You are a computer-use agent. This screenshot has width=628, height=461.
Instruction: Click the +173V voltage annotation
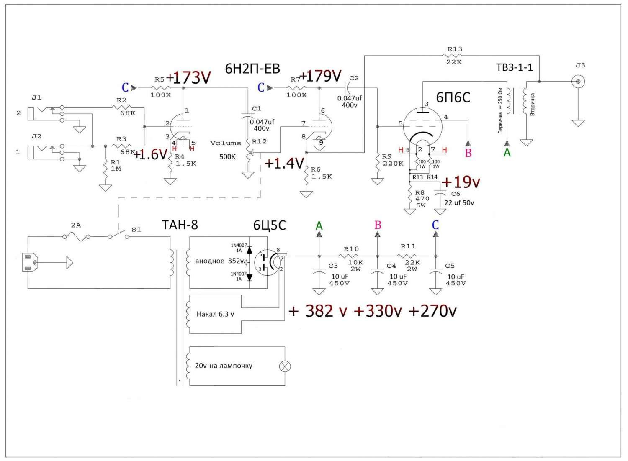[188, 77]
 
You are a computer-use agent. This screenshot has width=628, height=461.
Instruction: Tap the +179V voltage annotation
[321, 76]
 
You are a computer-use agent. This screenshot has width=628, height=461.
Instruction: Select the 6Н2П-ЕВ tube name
[252, 69]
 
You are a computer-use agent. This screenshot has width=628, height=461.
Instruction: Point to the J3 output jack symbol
[579, 82]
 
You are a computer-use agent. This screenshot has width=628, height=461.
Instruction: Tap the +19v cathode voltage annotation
[460, 182]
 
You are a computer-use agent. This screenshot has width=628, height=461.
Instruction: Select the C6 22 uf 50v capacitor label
[458, 199]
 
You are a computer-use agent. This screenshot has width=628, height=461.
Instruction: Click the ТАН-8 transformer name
[180, 225]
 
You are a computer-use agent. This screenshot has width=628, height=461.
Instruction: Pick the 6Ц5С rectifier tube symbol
[268, 262]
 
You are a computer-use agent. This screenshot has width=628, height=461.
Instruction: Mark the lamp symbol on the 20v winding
[285, 366]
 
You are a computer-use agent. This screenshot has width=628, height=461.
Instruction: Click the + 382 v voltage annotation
[318, 311]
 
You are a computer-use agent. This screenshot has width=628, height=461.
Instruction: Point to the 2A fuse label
[75, 225]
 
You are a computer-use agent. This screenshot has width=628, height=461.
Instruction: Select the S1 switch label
[136, 230]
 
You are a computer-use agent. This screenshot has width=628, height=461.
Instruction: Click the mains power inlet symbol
[28, 263]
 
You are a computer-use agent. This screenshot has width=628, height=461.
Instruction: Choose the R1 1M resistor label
[116, 165]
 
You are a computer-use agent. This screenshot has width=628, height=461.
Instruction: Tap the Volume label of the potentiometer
[225, 143]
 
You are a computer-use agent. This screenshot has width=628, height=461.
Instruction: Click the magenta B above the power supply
[378, 225]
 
